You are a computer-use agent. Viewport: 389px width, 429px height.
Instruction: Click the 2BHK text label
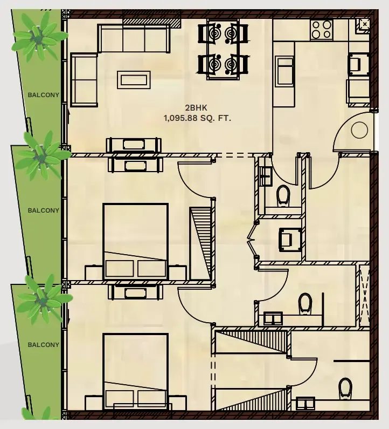click(196, 108)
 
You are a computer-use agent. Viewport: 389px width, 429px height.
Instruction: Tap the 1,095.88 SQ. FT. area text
click(197, 119)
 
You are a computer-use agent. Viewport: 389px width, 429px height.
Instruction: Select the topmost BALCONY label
click(44, 95)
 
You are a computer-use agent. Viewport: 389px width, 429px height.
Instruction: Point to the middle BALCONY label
click(44, 210)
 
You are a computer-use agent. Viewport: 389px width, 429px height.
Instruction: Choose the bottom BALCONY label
click(44, 345)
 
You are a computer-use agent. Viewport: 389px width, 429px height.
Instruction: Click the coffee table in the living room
click(134, 80)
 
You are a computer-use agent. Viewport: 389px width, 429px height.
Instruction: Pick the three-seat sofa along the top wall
click(134, 38)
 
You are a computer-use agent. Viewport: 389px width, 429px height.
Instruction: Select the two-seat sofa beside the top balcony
click(84, 80)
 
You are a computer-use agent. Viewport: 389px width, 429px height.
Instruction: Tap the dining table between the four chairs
click(223, 49)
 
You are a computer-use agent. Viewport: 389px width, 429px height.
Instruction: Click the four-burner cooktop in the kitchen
click(322, 30)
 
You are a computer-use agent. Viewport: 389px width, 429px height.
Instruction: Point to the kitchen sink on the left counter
click(284, 71)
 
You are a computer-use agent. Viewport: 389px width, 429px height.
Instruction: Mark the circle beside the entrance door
click(359, 130)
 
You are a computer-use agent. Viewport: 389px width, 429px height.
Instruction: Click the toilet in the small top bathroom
click(283, 196)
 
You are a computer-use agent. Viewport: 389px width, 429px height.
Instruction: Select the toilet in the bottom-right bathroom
click(345, 389)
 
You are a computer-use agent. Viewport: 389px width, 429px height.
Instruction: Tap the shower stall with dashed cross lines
click(364, 296)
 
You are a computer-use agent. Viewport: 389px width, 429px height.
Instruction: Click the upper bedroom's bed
click(135, 241)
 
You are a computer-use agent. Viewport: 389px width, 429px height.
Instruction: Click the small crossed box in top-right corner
click(365, 24)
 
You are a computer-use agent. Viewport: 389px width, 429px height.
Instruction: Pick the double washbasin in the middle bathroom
click(273, 318)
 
